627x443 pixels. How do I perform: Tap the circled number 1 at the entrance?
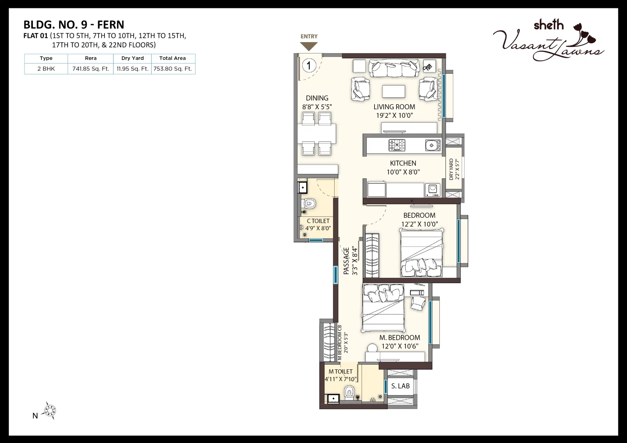coord(309,66)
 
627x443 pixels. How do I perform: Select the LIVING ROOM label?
coord(394,107)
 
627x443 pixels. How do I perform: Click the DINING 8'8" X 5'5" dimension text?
coord(317,107)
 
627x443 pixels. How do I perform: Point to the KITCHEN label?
coord(403,163)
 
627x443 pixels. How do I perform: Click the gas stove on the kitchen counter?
coord(397,145)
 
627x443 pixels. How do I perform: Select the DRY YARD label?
coord(451,169)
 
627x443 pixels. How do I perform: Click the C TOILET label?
coord(318,221)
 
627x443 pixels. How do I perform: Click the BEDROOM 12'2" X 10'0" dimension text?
coord(419,224)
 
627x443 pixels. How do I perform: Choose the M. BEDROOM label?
coord(400,338)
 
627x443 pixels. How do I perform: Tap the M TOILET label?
coord(340,371)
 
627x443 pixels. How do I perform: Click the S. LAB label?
coord(400,386)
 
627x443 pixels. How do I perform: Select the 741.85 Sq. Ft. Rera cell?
coord(91,69)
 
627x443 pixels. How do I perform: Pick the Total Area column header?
coord(172,58)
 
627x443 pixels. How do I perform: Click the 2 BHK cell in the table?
coord(46,69)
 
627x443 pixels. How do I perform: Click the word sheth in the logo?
coord(549,25)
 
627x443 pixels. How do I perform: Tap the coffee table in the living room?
coord(393,91)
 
